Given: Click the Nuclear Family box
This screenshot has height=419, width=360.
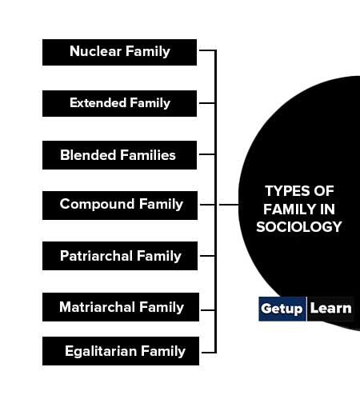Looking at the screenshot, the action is (x=119, y=53).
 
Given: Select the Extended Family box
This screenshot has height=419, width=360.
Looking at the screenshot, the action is (x=119, y=103).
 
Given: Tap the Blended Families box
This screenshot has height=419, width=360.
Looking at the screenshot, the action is (x=119, y=155).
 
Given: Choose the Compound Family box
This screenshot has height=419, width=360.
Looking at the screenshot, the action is (x=120, y=206).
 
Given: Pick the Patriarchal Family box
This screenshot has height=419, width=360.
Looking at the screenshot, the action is (x=120, y=256).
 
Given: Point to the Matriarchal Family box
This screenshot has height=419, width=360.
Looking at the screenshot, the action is (x=121, y=307).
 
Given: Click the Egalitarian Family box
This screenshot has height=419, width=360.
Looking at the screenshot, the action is (x=121, y=351).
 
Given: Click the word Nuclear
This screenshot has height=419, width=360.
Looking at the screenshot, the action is (x=95, y=51).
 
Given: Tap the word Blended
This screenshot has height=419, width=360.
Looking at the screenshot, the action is (x=88, y=155).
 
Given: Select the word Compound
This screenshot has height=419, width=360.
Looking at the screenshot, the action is (x=97, y=204).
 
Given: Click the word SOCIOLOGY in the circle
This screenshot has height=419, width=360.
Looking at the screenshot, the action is (x=299, y=227).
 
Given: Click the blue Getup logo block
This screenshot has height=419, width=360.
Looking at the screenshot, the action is (x=282, y=309).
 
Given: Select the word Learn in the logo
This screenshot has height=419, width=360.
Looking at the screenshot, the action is (x=330, y=308).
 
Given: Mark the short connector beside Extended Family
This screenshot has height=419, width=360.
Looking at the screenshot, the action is (x=207, y=103).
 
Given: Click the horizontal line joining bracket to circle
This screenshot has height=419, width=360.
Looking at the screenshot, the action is (x=229, y=205).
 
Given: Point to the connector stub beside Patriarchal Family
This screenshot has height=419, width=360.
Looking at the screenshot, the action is (x=207, y=256).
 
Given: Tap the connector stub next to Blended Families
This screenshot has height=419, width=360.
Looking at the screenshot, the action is (x=207, y=154).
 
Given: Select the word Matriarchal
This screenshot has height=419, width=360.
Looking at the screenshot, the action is (x=98, y=307).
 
